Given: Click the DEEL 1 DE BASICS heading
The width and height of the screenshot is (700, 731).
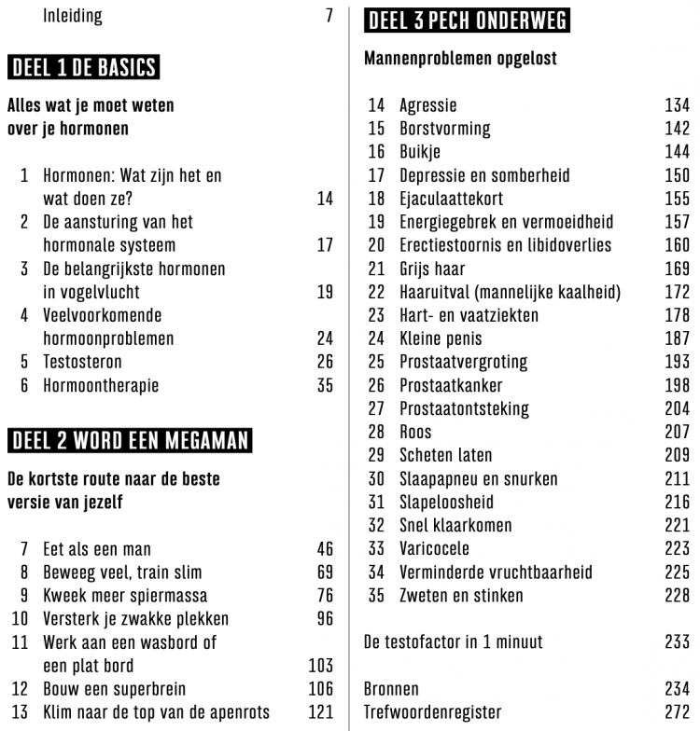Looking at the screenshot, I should (83, 67).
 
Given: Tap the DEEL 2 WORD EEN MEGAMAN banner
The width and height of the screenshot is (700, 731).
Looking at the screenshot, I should (130, 440).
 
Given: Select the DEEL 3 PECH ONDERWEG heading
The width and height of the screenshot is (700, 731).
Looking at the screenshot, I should (467, 21).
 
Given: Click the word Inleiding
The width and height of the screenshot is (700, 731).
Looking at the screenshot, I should (73, 16).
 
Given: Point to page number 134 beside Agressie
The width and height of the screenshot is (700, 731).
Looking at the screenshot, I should (677, 105).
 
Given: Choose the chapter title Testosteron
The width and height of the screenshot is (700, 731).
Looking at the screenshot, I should (82, 362).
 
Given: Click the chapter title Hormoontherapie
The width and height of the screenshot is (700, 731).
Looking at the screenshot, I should (101, 385).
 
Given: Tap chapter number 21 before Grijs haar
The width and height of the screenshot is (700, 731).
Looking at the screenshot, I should (376, 269).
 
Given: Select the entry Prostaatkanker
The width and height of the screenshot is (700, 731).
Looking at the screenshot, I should (451, 385).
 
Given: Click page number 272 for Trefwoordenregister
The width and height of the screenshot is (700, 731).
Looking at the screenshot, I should (677, 712).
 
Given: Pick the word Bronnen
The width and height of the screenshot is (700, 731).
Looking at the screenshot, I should (391, 689).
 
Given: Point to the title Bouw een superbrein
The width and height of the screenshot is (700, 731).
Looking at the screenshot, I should (114, 689).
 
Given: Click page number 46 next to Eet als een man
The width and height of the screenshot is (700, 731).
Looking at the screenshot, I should (324, 549).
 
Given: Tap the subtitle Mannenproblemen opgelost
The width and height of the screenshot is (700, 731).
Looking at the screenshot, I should (460, 58).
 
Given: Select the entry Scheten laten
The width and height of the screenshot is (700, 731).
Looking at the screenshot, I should (446, 455).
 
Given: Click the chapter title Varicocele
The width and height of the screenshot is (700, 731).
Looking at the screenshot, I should (434, 548).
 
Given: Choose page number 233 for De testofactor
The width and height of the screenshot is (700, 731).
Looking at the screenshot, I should (677, 641).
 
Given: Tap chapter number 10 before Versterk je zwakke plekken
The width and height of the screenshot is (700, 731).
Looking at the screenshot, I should (20, 619).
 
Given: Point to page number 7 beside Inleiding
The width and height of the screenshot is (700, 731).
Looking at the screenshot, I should (329, 16).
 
